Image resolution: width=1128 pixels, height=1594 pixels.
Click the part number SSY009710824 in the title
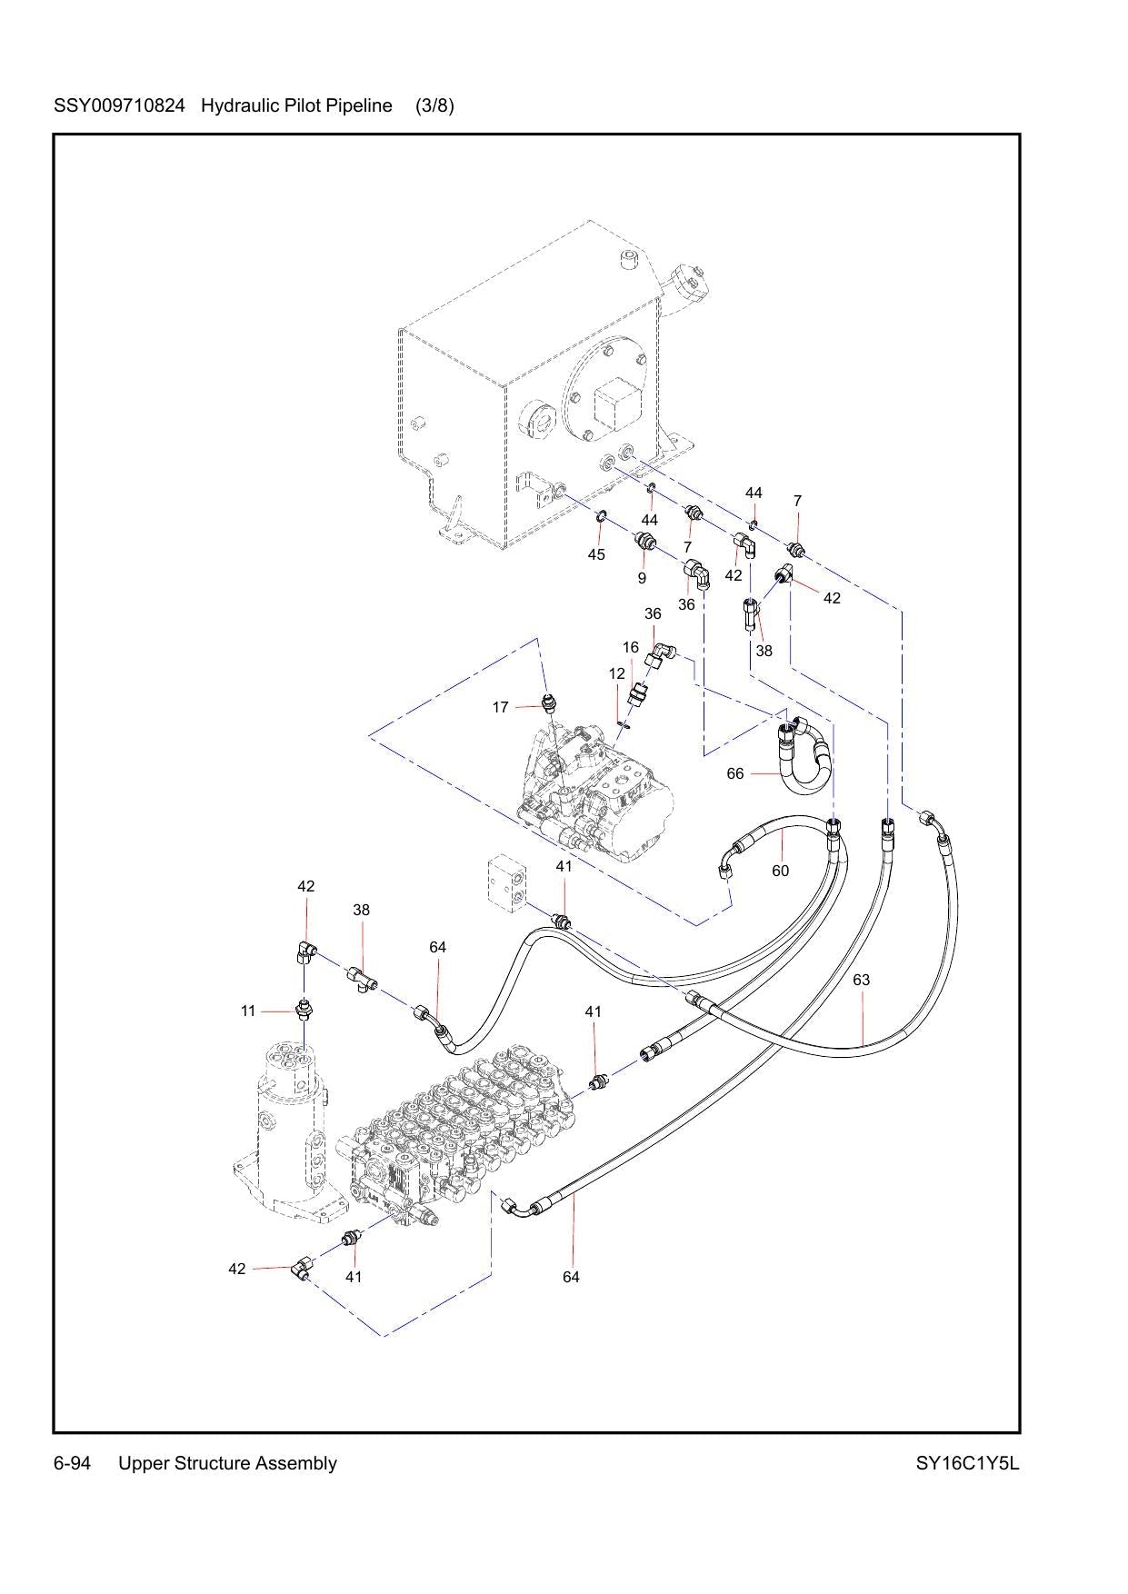[120, 105]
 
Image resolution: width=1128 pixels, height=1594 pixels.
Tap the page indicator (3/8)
[434, 105]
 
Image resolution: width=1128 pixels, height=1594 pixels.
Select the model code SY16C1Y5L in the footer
[968, 1463]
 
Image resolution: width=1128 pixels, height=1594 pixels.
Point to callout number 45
[596, 554]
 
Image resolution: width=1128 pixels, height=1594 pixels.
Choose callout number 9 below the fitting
[642, 578]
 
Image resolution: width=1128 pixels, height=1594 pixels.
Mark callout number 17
[501, 707]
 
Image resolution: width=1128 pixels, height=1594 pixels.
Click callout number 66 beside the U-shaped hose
[735, 773]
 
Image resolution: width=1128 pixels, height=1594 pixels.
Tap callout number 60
[781, 871]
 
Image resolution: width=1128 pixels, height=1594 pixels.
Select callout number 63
[862, 980]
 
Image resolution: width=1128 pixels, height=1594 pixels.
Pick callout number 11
[248, 1011]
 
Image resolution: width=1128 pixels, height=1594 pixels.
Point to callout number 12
[617, 673]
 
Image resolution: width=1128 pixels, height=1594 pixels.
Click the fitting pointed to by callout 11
[304, 1010]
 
